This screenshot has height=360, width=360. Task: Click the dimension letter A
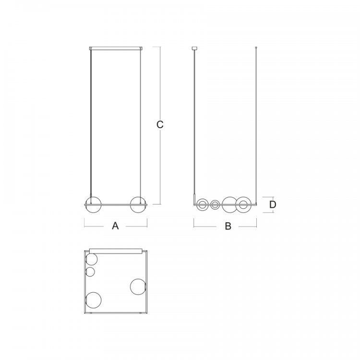115,226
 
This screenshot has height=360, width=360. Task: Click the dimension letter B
228,226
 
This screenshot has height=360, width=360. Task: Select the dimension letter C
160,124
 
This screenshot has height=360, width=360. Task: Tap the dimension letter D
273,204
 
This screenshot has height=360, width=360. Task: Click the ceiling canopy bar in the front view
116,48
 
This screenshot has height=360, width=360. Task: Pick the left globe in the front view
93,204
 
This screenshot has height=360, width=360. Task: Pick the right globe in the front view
138,204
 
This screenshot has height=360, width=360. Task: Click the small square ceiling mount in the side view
195,48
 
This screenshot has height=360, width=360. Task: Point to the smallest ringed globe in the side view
215,204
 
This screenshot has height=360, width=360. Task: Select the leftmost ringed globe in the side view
203,204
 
